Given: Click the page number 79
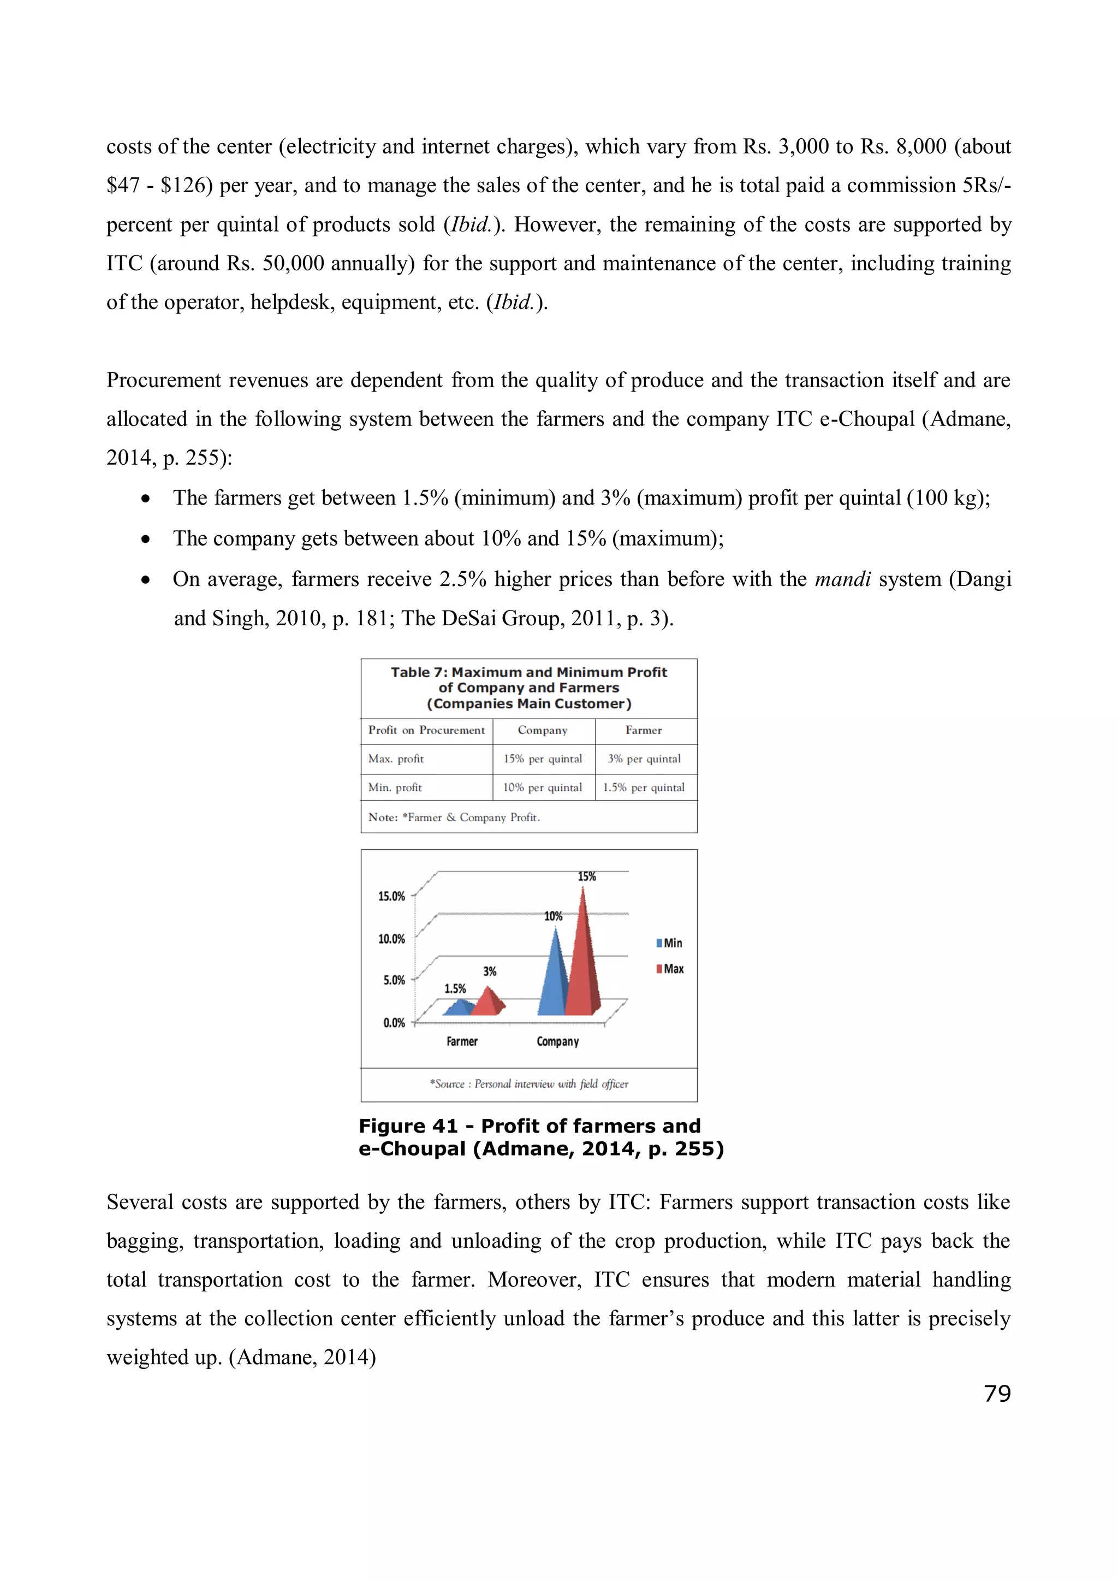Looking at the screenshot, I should point(997,1394).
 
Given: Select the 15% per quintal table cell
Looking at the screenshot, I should point(543,759).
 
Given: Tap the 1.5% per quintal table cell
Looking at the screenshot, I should point(644,787).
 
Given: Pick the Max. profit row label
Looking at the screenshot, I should point(396,759).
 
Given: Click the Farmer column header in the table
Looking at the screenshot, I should point(644,730).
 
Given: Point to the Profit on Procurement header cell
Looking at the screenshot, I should point(426,730).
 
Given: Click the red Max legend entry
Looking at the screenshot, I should point(670,969).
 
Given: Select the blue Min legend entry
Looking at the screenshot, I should point(670,943).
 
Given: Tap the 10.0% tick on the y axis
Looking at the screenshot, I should point(391,939).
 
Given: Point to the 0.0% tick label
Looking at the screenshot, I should point(394,1022).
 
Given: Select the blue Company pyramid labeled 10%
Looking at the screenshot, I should point(552,979).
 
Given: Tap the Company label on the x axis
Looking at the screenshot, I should point(558,1042).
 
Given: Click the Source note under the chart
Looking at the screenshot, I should point(529,1084).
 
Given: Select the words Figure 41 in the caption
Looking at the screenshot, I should point(408,1126).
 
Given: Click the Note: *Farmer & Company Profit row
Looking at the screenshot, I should point(455,817).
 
